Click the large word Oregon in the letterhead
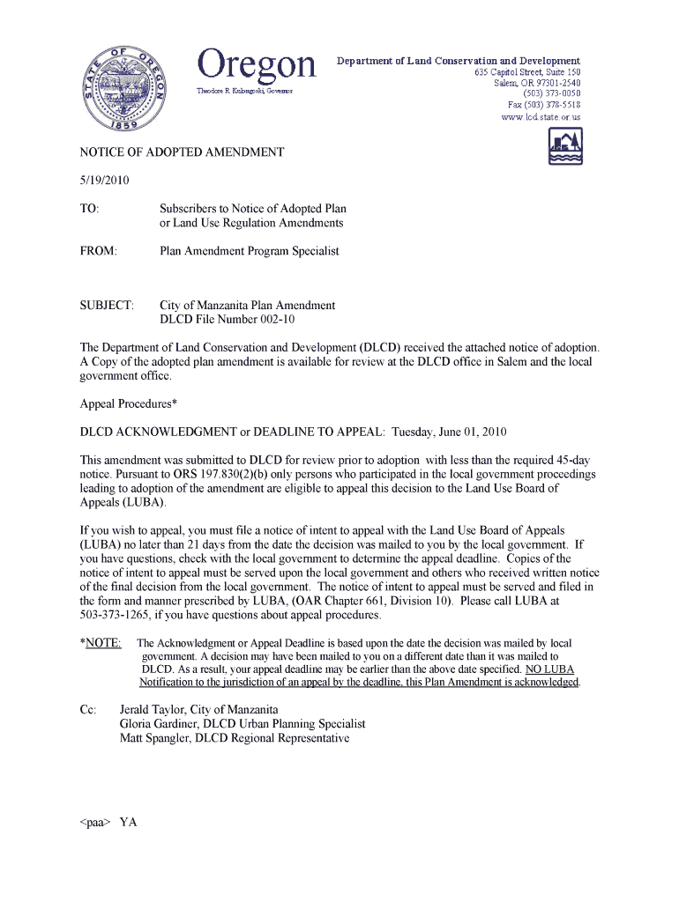(256, 64)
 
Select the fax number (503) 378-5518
(544, 104)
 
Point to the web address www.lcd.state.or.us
(541, 116)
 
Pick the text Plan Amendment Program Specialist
(249, 251)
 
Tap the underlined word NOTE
(104, 643)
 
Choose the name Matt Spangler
(154, 738)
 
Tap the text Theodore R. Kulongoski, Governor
(244, 91)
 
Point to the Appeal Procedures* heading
(129, 404)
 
